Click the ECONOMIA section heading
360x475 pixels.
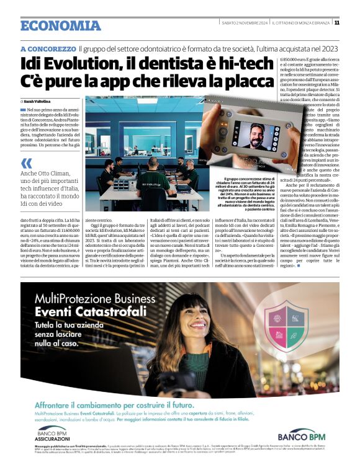pos(60,25)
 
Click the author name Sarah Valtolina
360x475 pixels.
pos(37,100)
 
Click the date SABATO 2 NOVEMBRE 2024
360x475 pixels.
pos(245,22)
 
